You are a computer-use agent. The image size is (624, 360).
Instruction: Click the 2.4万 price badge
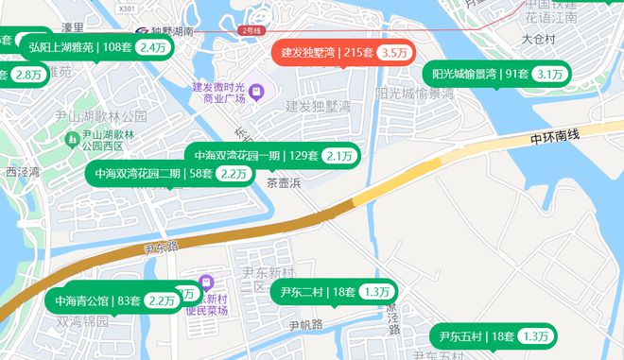click(x=151, y=47)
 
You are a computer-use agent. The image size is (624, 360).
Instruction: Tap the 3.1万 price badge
click(x=548, y=75)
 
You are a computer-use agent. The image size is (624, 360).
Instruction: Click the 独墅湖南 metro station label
click(x=170, y=30)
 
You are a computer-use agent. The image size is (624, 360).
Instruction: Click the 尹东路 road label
click(x=162, y=248)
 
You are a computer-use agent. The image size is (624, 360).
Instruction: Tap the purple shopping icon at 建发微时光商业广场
click(x=256, y=92)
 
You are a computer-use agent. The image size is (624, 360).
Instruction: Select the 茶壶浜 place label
click(x=283, y=182)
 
